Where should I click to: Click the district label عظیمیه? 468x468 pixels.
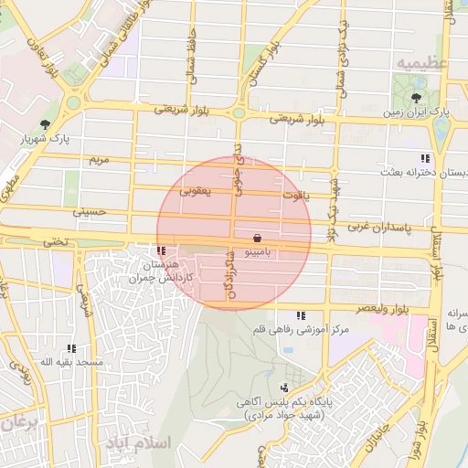tap(422, 61)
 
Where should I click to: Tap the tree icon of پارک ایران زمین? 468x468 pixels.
tap(417, 96)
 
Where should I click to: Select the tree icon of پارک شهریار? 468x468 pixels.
tap(44, 125)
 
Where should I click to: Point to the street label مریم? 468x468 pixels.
tap(98, 160)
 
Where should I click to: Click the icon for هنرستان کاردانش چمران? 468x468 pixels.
tap(162, 250)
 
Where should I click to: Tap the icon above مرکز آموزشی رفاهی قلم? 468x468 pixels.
tap(301, 315)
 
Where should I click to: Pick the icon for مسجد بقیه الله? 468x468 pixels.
tap(71, 348)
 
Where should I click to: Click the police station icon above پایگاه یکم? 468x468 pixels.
tap(285, 388)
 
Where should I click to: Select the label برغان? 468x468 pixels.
tap(16, 423)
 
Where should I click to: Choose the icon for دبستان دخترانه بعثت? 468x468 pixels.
tap(425, 157)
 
